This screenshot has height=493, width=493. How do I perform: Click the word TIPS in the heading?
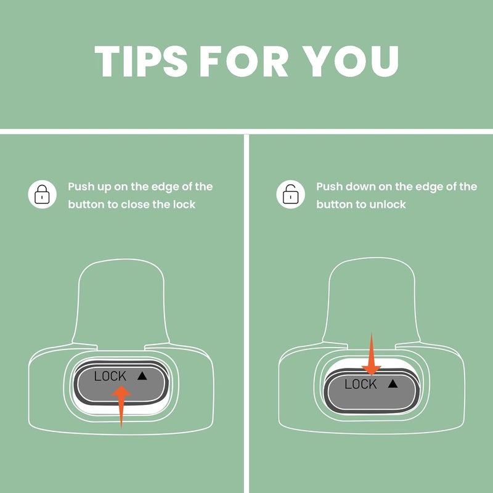click(141, 61)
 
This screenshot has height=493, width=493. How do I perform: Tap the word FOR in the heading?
click(244, 61)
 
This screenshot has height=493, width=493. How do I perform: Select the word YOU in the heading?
click(350, 61)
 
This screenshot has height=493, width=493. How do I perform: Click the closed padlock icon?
click(42, 194)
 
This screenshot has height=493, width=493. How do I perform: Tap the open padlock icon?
click(290, 194)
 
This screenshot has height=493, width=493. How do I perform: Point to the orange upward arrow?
click(121, 407)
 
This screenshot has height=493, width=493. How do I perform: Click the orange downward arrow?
click(372, 354)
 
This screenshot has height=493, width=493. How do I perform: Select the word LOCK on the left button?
click(110, 376)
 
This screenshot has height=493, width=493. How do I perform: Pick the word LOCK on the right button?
click(361, 384)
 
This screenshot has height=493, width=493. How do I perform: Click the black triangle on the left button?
click(142, 376)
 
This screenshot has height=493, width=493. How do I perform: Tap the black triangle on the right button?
click(393, 383)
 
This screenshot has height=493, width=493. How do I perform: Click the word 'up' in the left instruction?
click(104, 187)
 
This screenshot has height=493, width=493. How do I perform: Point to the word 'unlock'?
click(388, 205)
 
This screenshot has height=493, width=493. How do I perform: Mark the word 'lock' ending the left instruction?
click(184, 205)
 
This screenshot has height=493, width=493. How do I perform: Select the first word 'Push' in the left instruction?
click(81, 187)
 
